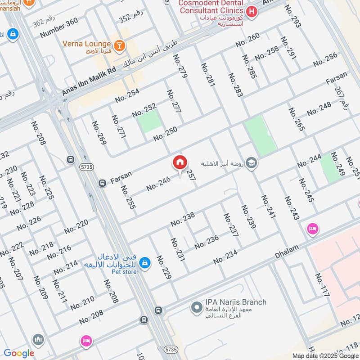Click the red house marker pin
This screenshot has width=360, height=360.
pyautogui.click(x=180, y=162)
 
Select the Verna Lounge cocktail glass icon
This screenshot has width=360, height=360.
pyautogui.click(x=119, y=44)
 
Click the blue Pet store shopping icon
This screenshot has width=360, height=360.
pyautogui.click(x=144, y=262)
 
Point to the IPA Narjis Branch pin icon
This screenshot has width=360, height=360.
pyautogui.click(x=196, y=308)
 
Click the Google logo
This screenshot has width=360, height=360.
pyautogui.click(x=19, y=353)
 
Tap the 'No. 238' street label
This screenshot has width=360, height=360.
pyautogui.click(x=182, y=220)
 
